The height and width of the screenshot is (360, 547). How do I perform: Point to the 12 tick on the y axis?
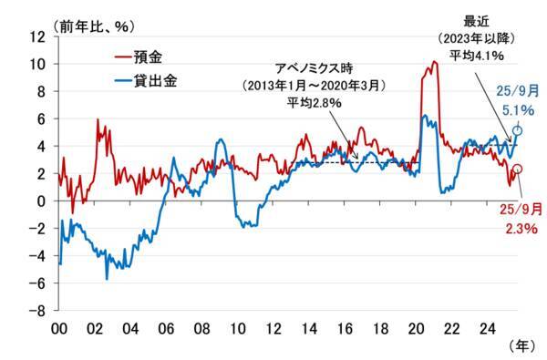pyautogui.click(x=39, y=36)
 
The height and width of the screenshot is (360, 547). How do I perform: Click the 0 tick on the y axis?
pyautogui.click(x=43, y=201)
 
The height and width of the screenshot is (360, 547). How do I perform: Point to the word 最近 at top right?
pyautogui.click(x=479, y=20)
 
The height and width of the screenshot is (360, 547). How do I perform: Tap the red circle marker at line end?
pyautogui.click(x=518, y=170)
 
